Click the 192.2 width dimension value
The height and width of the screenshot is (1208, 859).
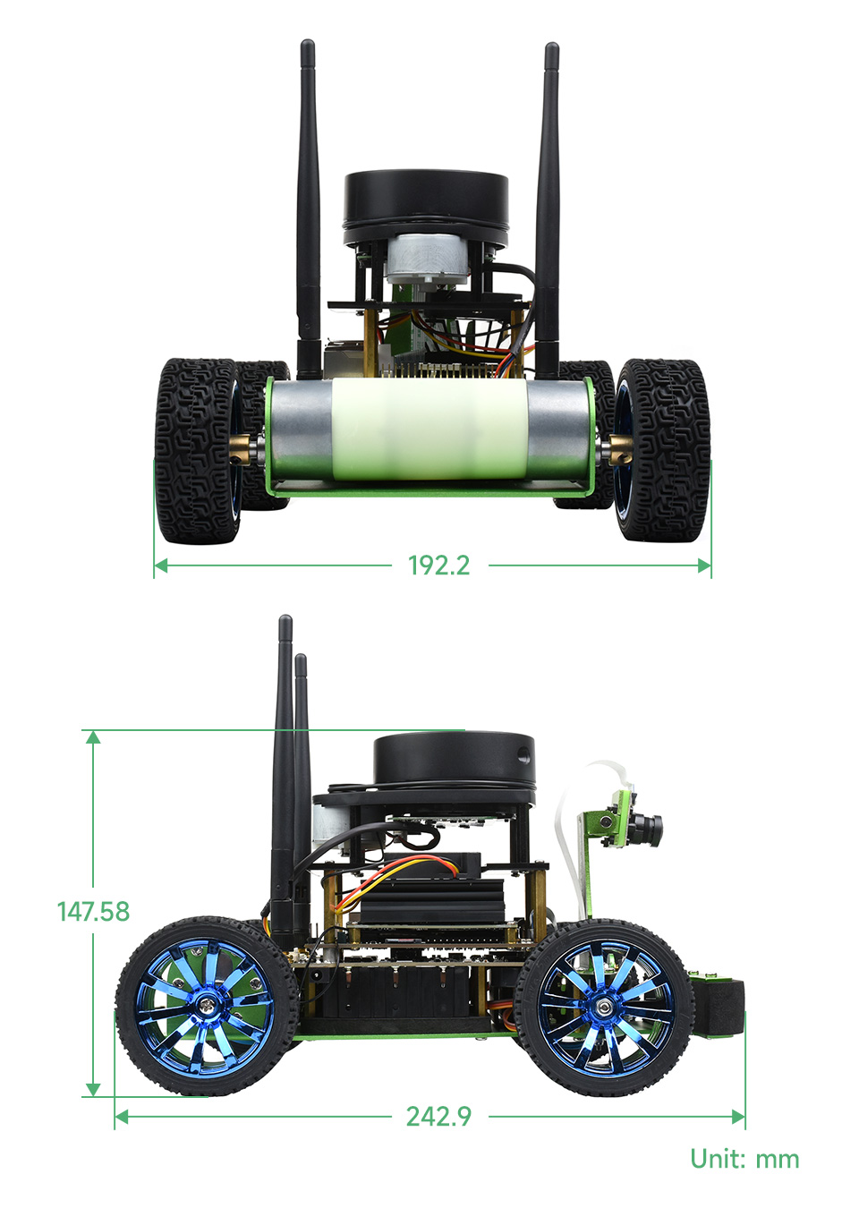(438, 566)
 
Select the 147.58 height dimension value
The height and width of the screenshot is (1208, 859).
(93, 911)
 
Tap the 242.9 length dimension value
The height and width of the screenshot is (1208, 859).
(438, 1117)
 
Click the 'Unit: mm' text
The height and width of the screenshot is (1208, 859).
(744, 1159)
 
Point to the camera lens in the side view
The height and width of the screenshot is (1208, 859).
(653, 822)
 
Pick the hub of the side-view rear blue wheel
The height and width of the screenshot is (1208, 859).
(207, 1006)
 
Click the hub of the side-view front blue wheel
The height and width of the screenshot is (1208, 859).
(604, 1007)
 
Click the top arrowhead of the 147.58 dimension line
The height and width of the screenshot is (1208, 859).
(92, 736)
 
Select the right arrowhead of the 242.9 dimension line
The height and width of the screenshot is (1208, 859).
(738, 1117)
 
